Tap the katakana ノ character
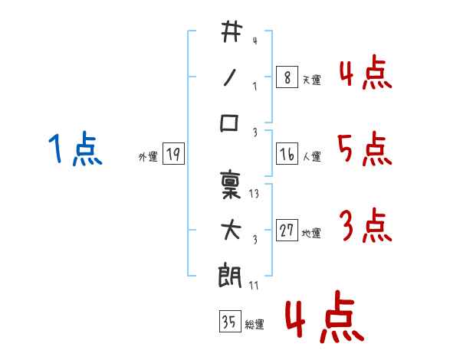(230, 77)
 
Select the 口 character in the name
(230, 123)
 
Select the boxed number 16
(287, 155)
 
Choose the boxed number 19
(173, 155)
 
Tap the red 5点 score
(363, 150)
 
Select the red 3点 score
(364, 227)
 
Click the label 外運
(148, 157)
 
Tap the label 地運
(311, 234)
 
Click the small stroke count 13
(255, 194)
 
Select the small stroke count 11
(255, 286)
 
